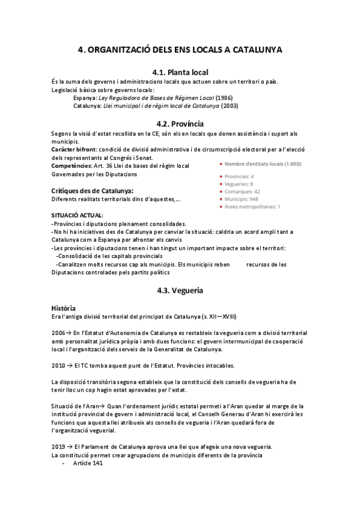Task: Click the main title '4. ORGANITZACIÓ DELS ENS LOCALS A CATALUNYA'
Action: (x=180, y=50)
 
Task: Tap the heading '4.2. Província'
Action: (x=180, y=123)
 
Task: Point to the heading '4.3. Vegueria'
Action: (x=180, y=290)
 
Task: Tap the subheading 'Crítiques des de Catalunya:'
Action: (x=92, y=191)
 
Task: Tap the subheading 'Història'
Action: (x=63, y=308)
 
